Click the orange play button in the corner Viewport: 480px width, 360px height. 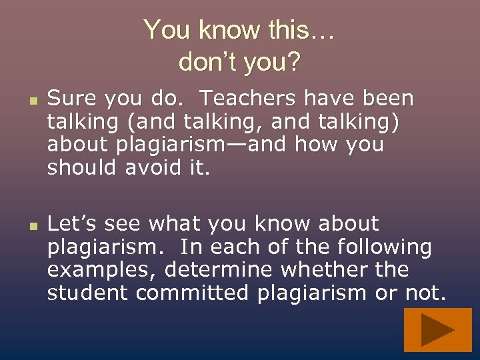(x=437, y=330)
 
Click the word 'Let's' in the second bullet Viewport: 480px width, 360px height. (x=71, y=223)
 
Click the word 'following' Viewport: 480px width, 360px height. (x=384, y=247)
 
